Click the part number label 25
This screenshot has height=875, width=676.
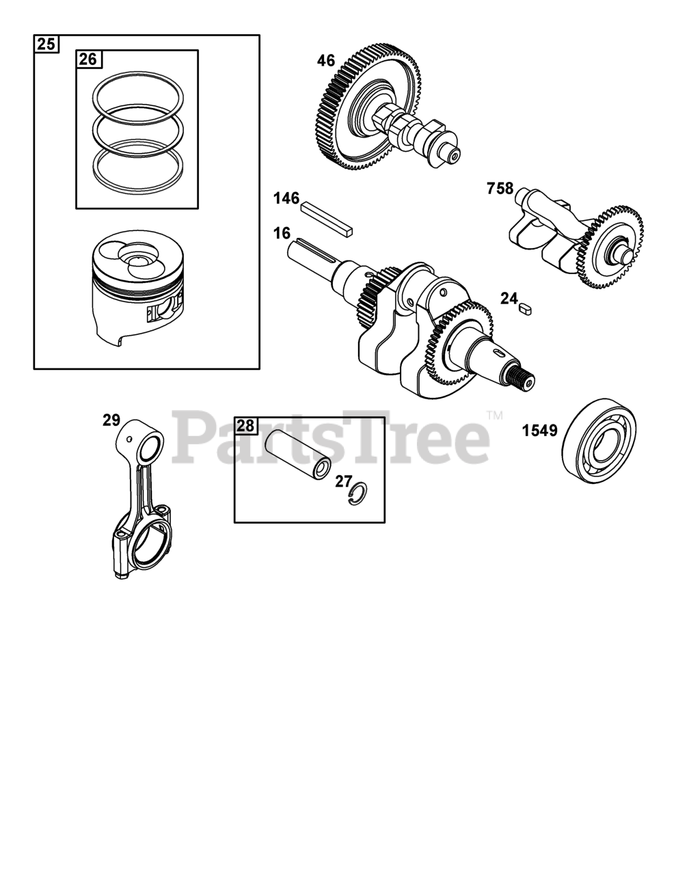click(46, 44)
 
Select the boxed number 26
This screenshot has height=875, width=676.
click(88, 59)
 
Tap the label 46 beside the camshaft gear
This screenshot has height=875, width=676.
click(326, 61)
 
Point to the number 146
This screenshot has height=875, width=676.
click(286, 198)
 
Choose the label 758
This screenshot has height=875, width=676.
click(500, 188)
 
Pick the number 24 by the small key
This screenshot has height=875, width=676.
click(509, 298)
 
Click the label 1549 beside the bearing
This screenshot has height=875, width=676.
click(539, 431)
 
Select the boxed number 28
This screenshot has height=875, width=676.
click(245, 425)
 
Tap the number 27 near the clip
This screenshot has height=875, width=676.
click(343, 481)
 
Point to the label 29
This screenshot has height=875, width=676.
click(111, 420)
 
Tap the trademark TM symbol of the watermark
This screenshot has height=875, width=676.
click(494, 415)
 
